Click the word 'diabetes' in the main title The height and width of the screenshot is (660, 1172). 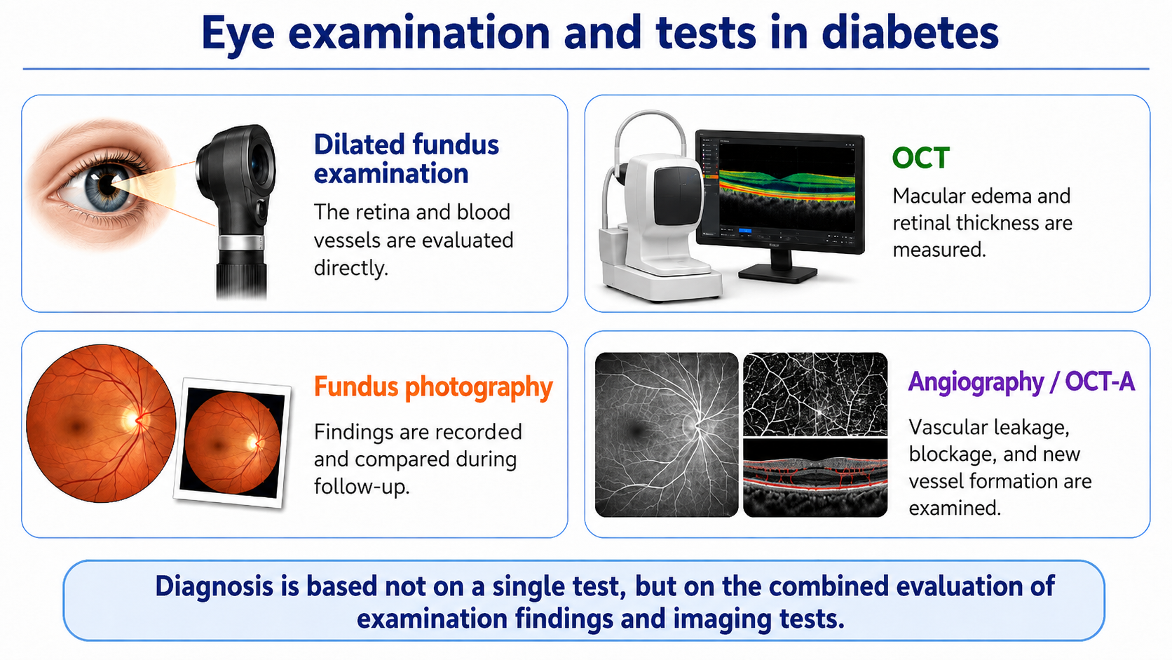tap(910, 33)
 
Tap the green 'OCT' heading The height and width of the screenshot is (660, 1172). tap(920, 158)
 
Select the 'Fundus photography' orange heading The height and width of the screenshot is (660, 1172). tap(433, 387)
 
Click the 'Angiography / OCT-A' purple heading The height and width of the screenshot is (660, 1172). tap(1021, 382)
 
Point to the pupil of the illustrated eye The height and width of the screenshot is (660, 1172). tap(107, 184)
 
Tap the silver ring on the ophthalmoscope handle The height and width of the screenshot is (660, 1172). tap(241, 243)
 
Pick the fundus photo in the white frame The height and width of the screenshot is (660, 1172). tap(232, 443)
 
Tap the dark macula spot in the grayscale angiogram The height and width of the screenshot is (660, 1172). tap(637, 431)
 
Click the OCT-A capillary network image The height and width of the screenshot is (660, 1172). tap(815, 394)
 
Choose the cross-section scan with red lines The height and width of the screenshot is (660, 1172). tap(815, 478)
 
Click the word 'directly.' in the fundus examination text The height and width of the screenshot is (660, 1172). tap(351, 269)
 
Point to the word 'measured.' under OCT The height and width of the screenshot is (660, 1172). tap(939, 250)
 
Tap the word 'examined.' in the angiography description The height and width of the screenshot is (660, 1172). tap(955, 509)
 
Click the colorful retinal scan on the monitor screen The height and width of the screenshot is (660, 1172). tap(787, 187)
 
